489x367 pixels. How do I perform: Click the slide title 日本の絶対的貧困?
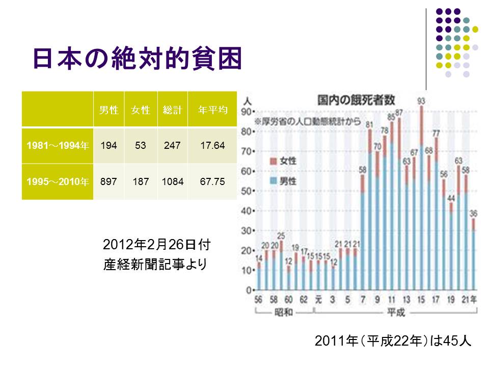pyautogui.click(x=137, y=59)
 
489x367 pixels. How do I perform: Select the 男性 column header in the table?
pyautogui.click(x=109, y=110)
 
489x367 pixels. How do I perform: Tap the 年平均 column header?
pyautogui.click(x=212, y=110)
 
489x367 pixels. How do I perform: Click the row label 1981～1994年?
pyautogui.click(x=58, y=146)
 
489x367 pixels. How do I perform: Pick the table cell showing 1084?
pyautogui.click(x=173, y=181)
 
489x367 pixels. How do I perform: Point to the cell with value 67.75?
pyautogui.click(x=212, y=181)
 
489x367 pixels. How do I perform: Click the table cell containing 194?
pyautogui.click(x=109, y=146)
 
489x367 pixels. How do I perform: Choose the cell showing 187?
pyautogui.click(x=141, y=181)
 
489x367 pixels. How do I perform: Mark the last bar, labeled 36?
pyautogui.click(x=473, y=255)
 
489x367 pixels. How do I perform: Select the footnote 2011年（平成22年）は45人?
pyautogui.click(x=394, y=341)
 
